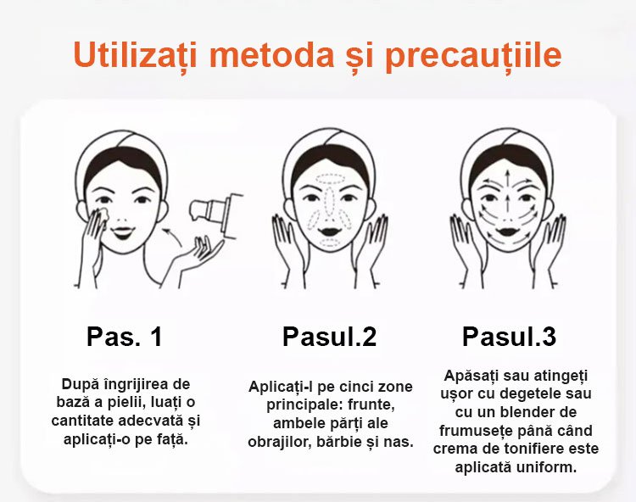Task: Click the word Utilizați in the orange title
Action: [135, 55]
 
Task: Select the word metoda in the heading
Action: [271, 54]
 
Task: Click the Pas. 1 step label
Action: [125, 336]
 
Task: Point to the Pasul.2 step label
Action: [329, 337]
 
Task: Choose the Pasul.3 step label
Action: [509, 337]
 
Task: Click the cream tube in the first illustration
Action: [215, 213]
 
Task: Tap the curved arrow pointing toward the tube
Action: [172, 237]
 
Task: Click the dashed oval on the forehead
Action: [330, 179]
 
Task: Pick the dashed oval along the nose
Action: [330, 202]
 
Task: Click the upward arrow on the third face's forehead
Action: [507, 180]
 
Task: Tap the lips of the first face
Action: [123, 232]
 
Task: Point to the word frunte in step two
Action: [372, 404]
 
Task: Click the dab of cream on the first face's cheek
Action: [103, 214]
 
